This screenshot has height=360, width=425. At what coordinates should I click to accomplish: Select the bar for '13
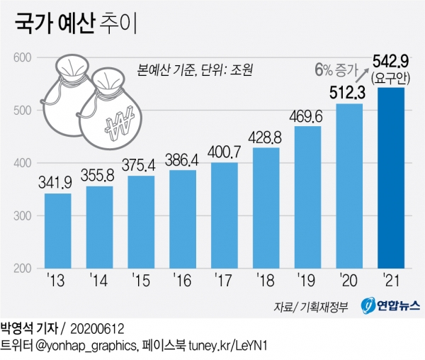click(x=58, y=231)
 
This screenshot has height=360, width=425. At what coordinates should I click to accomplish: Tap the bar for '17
click(x=224, y=215)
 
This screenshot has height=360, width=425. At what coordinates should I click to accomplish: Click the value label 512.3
click(x=348, y=91)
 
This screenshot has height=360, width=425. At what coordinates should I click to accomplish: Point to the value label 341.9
click(x=58, y=183)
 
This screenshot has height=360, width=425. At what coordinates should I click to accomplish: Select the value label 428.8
click(x=266, y=137)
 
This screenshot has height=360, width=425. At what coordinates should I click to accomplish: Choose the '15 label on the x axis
click(x=140, y=283)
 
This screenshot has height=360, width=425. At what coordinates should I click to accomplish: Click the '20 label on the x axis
click(x=348, y=283)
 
